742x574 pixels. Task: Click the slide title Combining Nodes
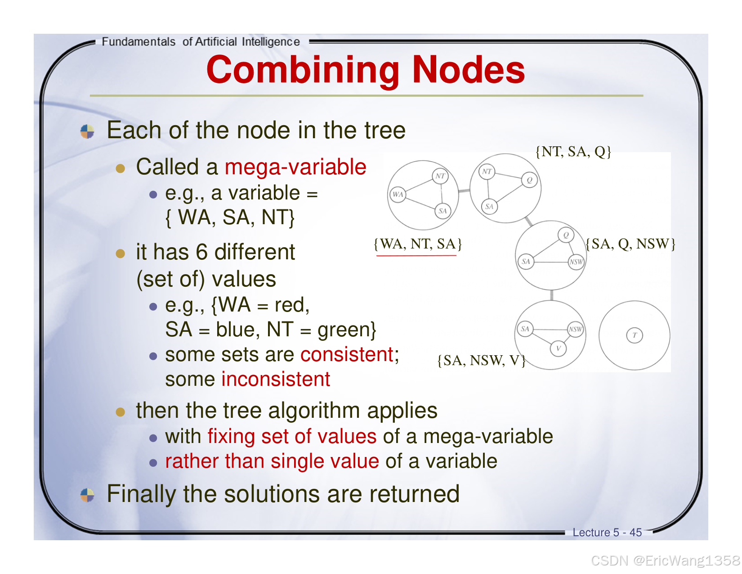[x=365, y=70]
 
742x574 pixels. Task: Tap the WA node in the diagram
[x=398, y=194]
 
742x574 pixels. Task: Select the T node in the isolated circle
[x=635, y=335]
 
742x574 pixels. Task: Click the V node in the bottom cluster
[x=558, y=348]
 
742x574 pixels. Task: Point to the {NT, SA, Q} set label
[x=573, y=152]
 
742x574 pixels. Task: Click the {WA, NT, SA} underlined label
[x=417, y=244]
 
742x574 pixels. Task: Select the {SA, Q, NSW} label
[x=630, y=244]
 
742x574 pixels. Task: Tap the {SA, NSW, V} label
[x=481, y=360]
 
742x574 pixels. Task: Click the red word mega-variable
[x=295, y=167]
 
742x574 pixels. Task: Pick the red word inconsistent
[x=276, y=379]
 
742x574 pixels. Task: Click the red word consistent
[x=347, y=355]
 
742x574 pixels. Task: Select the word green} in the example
[x=347, y=330]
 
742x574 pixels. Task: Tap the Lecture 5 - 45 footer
[x=607, y=533]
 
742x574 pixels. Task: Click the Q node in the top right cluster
[x=529, y=180]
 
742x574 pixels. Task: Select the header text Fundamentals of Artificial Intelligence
[x=201, y=42]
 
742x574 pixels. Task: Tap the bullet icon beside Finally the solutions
[x=87, y=495]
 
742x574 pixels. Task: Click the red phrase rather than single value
[x=272, y=461]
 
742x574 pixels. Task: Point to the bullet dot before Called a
[x=120, y=168]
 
